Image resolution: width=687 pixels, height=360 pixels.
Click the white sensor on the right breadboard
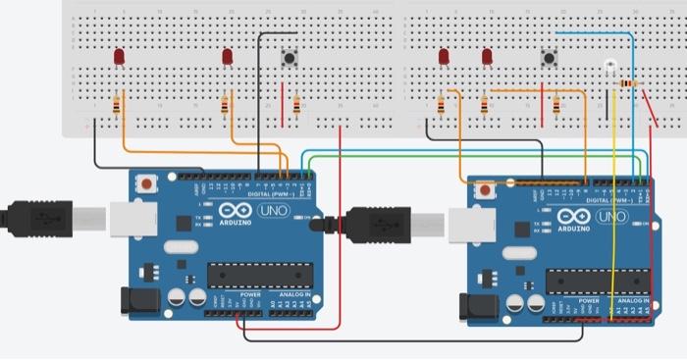pyautogui.click(x=609, y=67)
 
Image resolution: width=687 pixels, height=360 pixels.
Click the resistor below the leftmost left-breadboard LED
pyautogui.click(x=118, y=105)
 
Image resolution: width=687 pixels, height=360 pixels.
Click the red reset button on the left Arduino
pyautogui.click(x=148, y=183)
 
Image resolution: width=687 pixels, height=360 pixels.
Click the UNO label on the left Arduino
pyautogui.click(x=272, y=211)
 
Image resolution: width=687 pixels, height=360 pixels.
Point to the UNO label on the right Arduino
pyautogui.click(x=611, y=217)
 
